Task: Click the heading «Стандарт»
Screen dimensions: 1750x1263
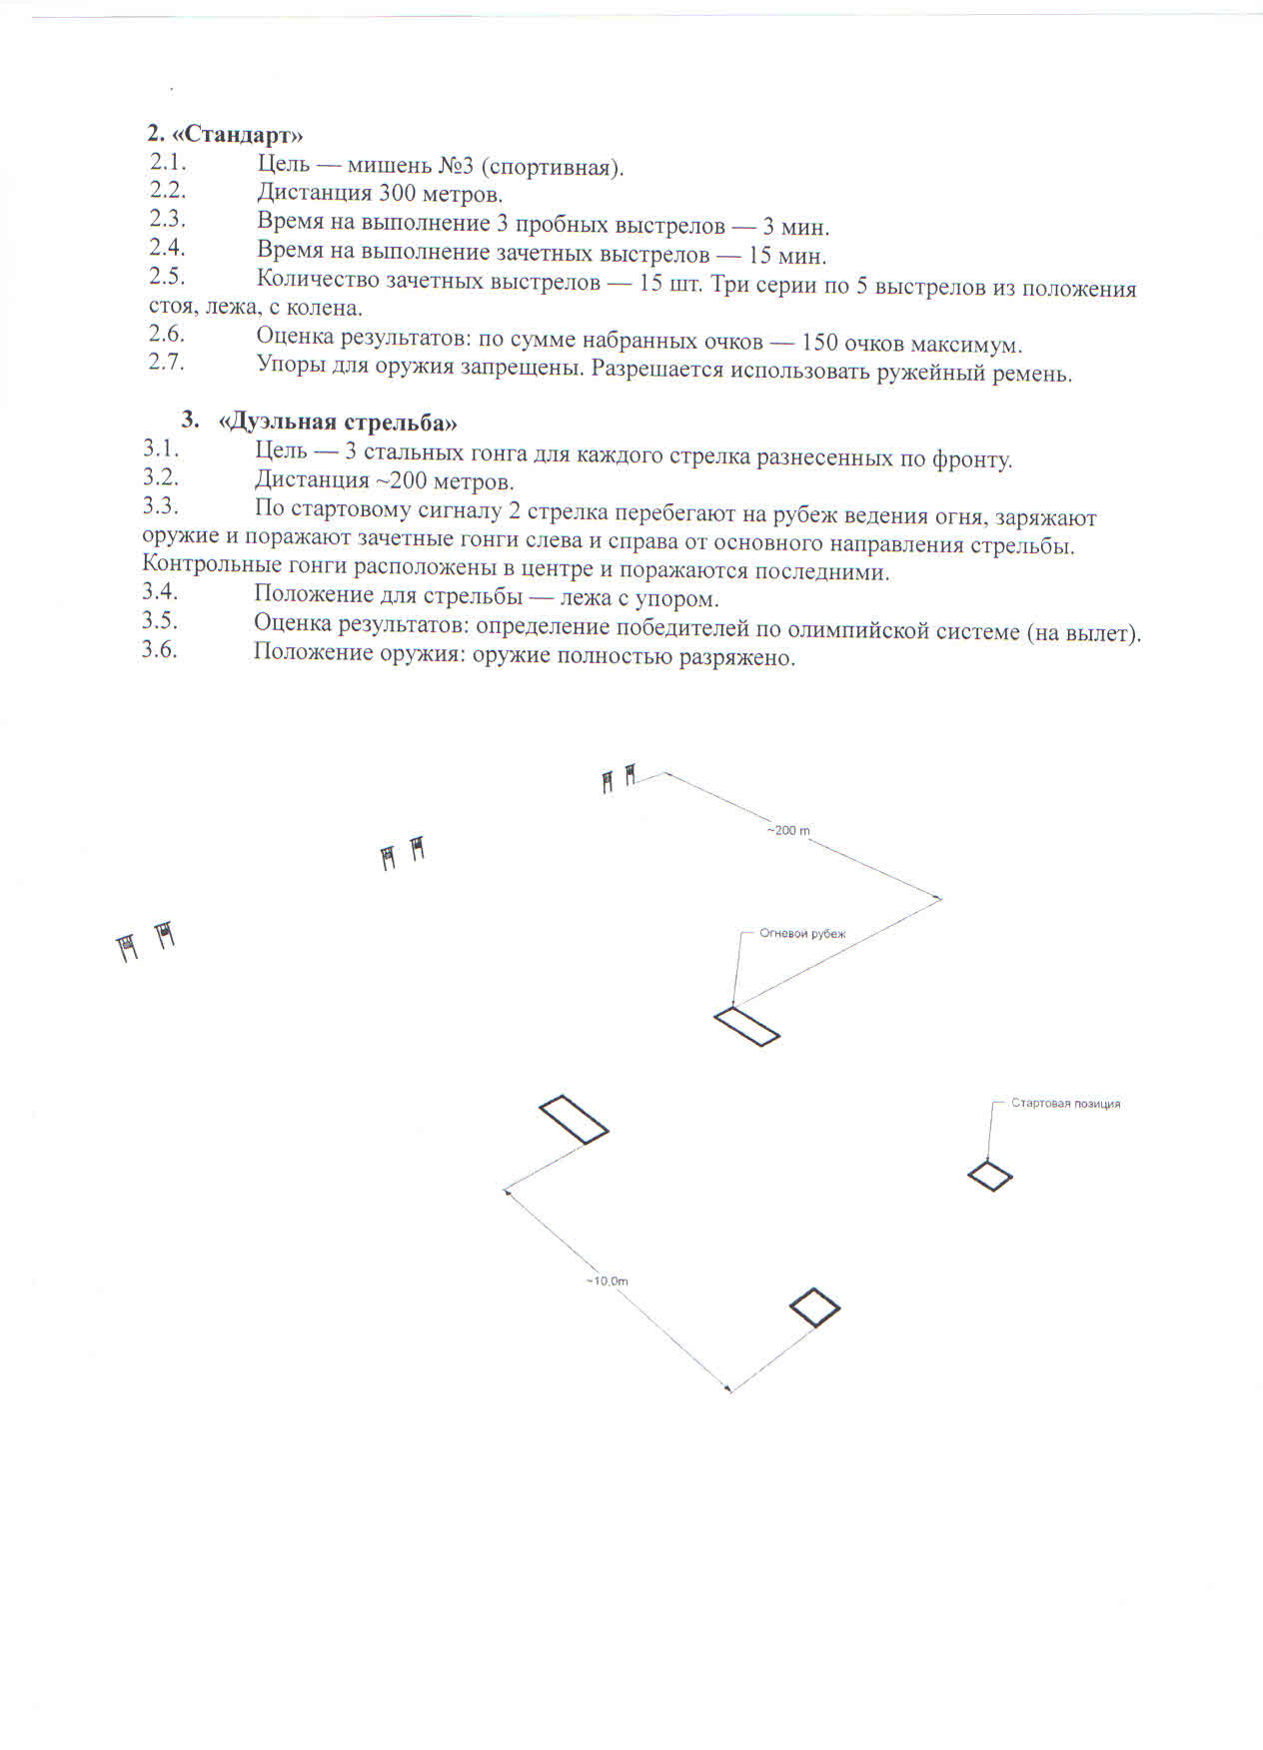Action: (225, 134)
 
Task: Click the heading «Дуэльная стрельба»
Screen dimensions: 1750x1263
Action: (338, 422)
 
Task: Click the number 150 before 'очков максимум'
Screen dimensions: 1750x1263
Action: (819, 344)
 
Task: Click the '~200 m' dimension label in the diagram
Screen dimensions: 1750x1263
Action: (788, 830)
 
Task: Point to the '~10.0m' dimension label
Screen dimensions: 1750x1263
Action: (608, 1281)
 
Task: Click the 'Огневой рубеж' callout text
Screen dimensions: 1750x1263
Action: (802, 934)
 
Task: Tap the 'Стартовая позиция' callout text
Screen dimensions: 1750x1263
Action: (1065, 1104)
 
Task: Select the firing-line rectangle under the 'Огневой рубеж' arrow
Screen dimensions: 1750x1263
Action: (746, 1027)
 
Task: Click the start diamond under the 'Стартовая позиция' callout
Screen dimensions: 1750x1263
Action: (990, 1177)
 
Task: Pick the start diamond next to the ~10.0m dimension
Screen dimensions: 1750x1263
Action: (814, 1308)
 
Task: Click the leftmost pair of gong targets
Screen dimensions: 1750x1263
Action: (146, 941)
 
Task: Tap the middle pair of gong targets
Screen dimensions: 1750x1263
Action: (404, 853)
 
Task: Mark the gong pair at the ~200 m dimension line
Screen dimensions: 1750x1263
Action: (619, 777)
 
